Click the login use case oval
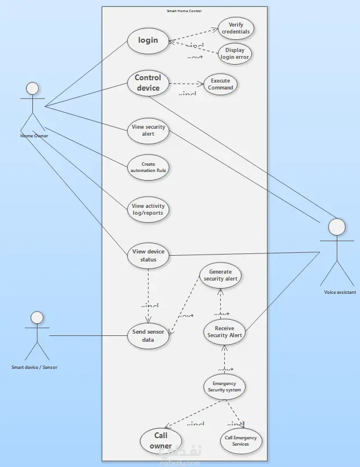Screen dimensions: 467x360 coord(148,40)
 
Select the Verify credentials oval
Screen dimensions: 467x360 coord(236,28)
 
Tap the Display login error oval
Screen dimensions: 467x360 coord(235,54)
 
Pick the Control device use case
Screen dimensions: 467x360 coord(148,83)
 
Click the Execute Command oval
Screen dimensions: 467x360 coord(221,84)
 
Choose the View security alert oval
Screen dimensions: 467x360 coord(148,130)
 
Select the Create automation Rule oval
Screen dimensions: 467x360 coord(148,167)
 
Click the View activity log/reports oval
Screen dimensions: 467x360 coord(148,209)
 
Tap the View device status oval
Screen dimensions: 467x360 coord(148,255)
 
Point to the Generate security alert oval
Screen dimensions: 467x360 coord(220,275)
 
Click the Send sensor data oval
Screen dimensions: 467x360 coord(148,336)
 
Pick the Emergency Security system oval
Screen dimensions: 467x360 coord(225,387)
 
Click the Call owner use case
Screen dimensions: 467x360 coord(161,440)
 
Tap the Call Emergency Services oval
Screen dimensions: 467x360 coord(241,440)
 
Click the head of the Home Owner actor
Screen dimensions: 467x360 coord(32,88)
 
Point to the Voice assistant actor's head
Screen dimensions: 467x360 coord(337,226)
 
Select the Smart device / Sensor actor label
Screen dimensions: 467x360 coord(35,367)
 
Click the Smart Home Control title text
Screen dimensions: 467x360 coord(184,11)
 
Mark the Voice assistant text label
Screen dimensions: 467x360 coord(340,293)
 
